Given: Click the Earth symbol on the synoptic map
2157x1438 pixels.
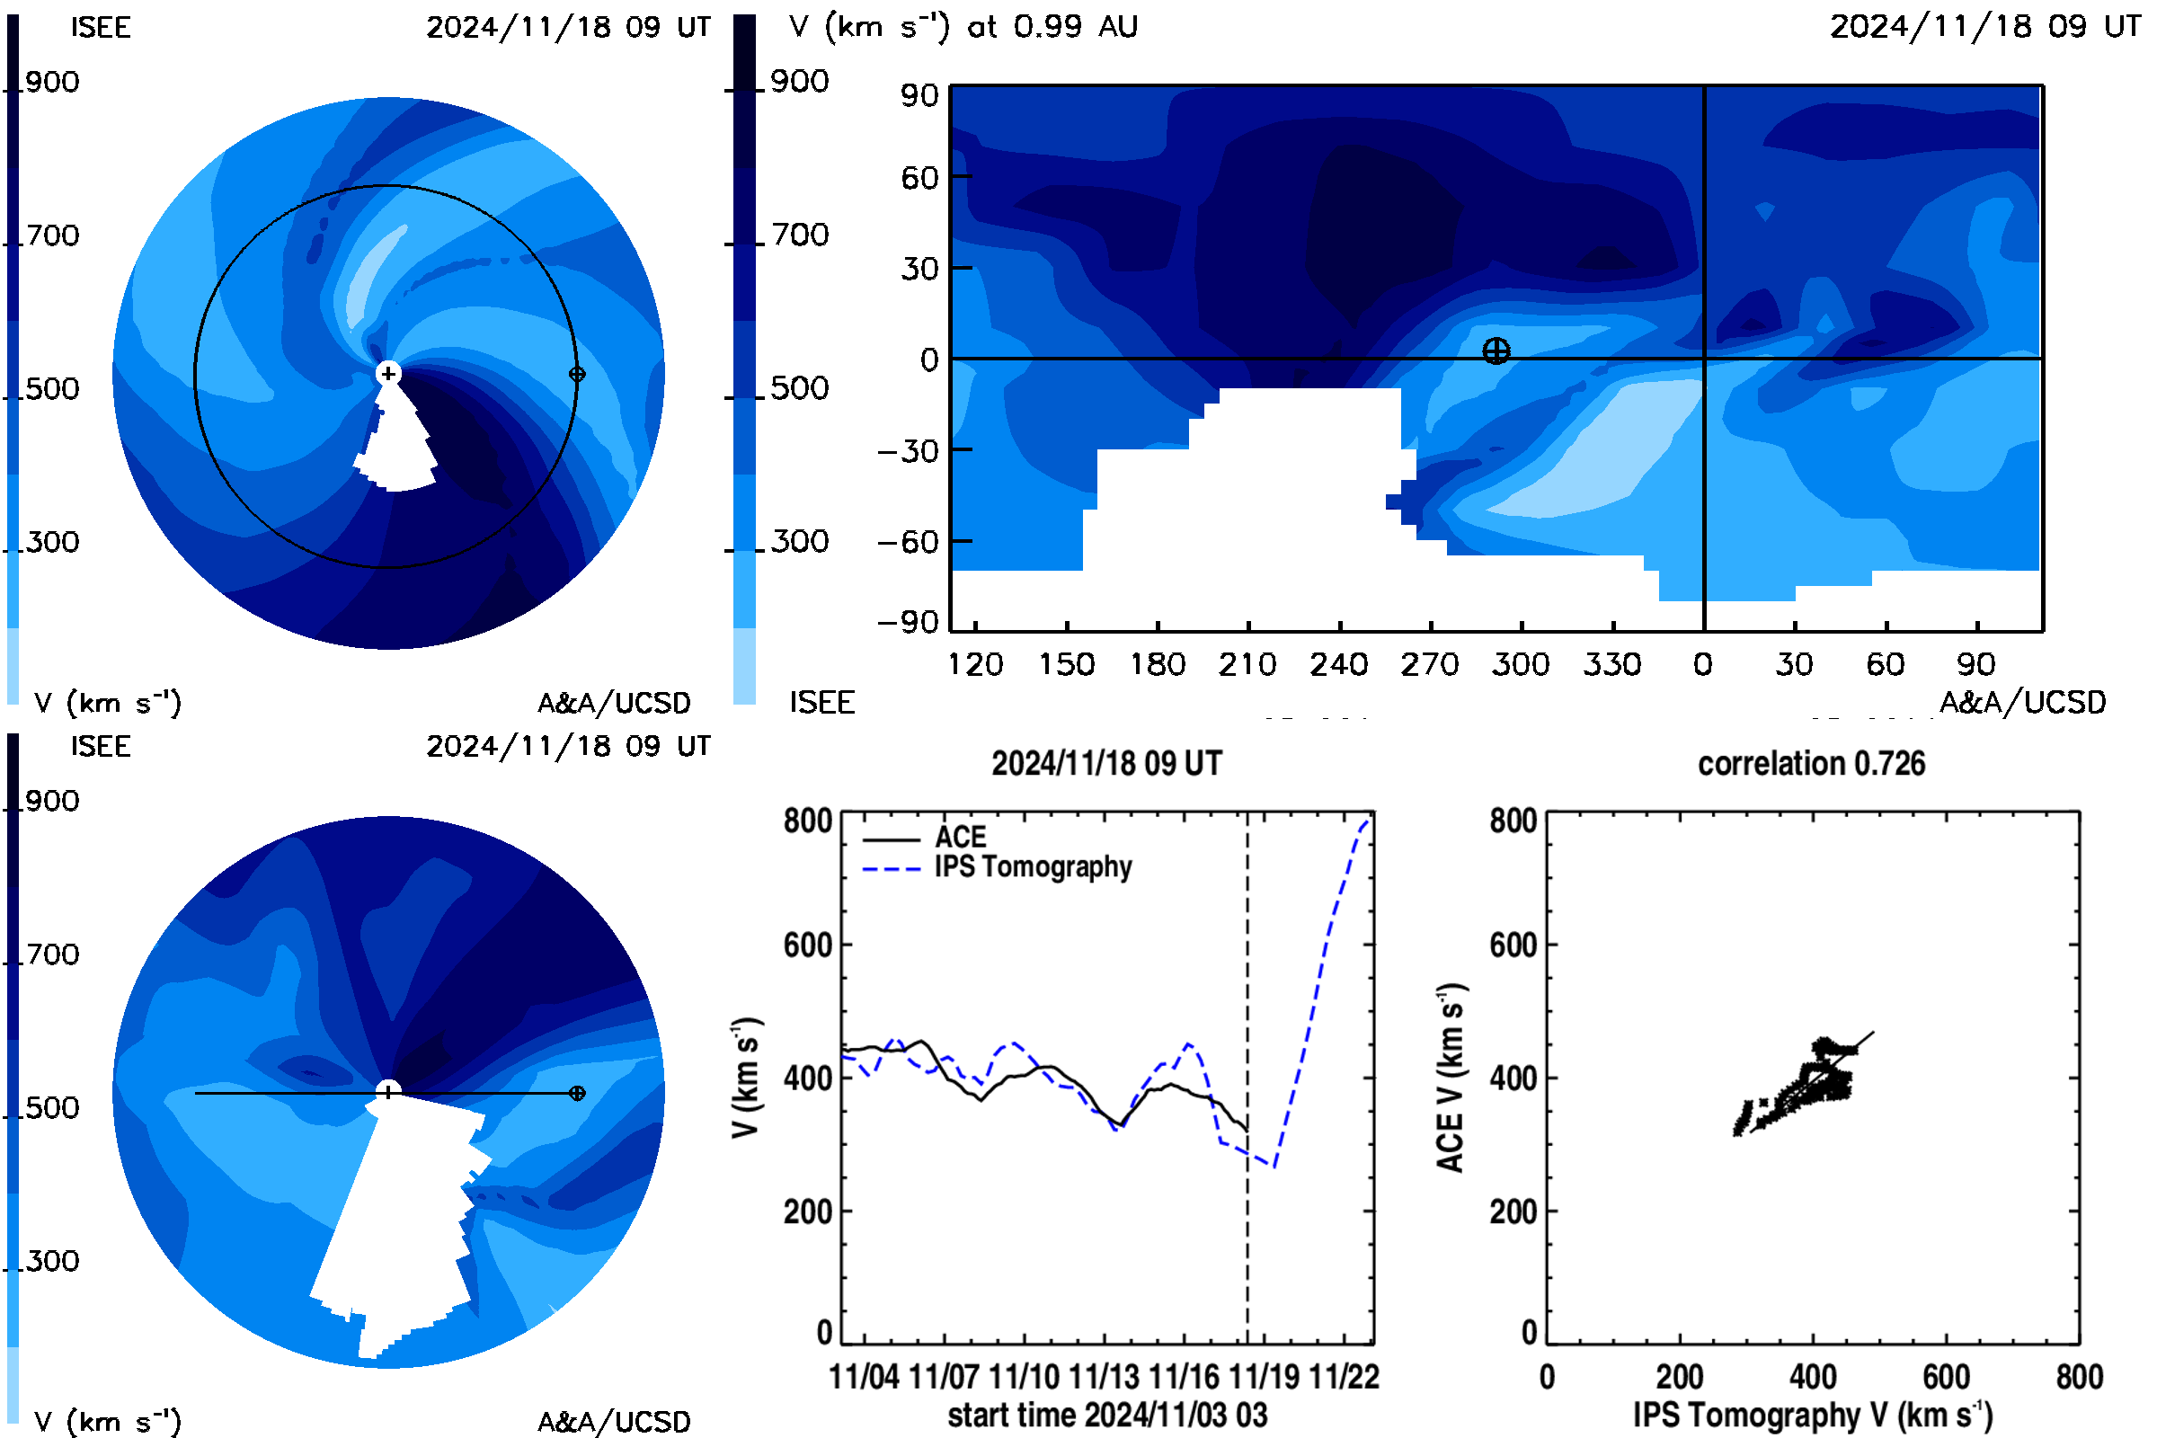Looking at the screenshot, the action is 1496,351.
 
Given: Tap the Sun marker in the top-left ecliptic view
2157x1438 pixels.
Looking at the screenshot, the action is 388,373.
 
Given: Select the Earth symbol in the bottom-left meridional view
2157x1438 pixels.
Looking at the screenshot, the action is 577,1093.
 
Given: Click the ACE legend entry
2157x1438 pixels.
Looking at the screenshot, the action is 925,838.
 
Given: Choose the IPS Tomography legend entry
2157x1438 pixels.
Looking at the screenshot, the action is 997,867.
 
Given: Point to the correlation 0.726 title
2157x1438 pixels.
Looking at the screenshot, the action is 1811,763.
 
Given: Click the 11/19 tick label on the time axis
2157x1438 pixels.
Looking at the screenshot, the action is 1264,1377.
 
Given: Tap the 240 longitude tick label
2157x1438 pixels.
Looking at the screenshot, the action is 1339,664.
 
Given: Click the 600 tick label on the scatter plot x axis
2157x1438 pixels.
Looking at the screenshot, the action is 1946,1377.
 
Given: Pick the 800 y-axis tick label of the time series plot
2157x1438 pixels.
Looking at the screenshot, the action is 808,820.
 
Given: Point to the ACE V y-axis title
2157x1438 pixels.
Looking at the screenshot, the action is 1451,1078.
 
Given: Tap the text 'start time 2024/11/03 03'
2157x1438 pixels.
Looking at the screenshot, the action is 1108,1415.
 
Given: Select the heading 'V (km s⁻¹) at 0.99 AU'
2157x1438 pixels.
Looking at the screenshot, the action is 963,27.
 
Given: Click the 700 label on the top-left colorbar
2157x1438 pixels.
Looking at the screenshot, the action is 52,235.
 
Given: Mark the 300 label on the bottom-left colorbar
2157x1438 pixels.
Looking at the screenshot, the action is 52,1261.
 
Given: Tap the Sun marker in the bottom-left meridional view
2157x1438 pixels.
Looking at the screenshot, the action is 388,1091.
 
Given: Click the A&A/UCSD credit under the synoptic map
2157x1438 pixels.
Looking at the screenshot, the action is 2023,703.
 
